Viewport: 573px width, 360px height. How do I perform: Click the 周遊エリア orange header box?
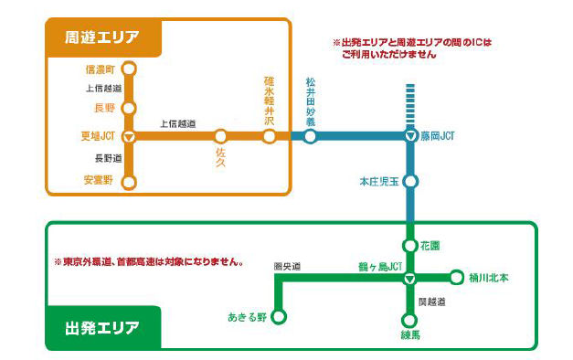[102, 37]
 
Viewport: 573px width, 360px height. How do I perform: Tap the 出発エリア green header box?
[102, 326]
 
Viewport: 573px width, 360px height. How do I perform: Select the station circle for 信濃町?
[129, 68]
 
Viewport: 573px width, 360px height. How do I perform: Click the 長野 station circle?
[129, 108]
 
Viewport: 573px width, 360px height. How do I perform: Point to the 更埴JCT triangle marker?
[129, 137]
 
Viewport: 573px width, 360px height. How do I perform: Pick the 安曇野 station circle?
[129, 181]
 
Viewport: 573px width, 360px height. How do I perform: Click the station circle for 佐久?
[220, 137]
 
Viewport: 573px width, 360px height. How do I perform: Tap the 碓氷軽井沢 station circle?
[269, 137]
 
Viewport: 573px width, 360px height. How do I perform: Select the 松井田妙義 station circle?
[310, 137]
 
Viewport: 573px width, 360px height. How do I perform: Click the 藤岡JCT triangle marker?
[410, 137]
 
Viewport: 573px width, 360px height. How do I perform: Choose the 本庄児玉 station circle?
[410, 181]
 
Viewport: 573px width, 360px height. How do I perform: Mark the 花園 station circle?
[410, 246]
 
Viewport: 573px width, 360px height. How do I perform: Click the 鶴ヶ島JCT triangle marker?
[410, 277]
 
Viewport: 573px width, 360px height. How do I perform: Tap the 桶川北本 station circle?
[457, 277]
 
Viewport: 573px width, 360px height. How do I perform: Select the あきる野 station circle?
[279, 317]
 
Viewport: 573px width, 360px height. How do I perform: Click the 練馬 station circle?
[410, 320]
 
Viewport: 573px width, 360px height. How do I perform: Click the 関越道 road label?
[430, 301]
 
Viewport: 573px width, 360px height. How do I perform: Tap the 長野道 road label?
[96, 159]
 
